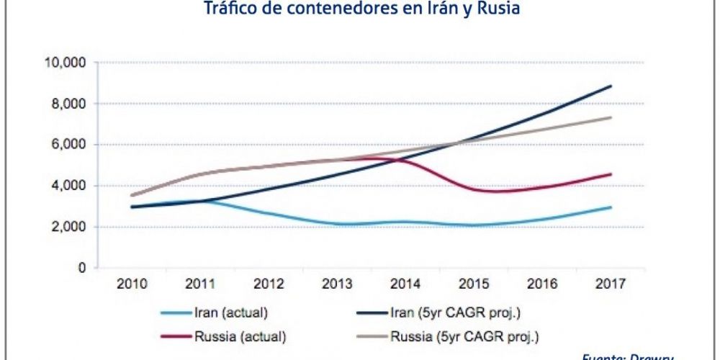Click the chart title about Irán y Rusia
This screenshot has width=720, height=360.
coord(362,10)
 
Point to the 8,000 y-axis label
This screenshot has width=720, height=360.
coord(70,104)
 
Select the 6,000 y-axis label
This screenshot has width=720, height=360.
coord(70,145)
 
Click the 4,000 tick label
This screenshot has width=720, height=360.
coord(70,186)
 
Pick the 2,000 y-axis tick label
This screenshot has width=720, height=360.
coord(70,227)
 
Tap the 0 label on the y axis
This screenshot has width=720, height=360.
coord(81,268)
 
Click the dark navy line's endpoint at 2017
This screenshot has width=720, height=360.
coord(611,86)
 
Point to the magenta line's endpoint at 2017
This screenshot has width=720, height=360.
coord(611,174)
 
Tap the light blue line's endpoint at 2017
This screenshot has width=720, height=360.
coord(611,207)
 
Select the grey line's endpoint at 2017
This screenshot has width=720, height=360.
coord(611,117)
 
